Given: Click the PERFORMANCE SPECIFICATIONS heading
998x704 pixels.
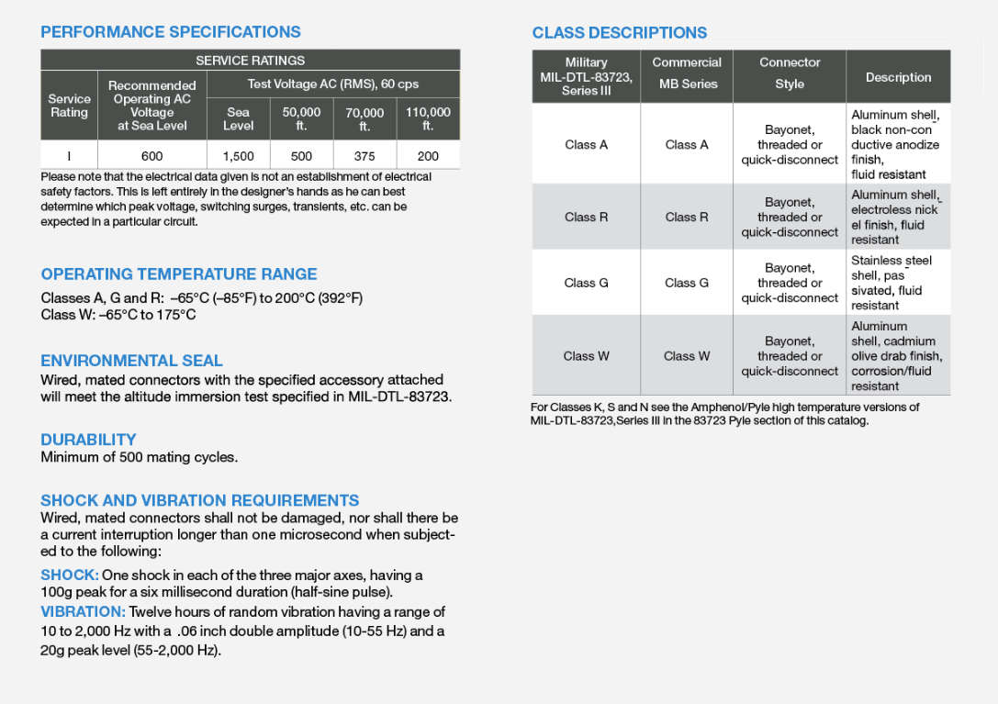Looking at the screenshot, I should pos(171,32).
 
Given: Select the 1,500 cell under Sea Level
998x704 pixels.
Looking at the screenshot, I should pos(238,156).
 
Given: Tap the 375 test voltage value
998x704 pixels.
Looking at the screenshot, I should pos(364,156).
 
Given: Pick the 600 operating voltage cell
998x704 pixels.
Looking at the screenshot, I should pos(151,156).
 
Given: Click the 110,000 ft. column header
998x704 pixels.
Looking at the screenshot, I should pos(428,118).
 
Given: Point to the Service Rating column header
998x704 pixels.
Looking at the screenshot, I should pos(69,106).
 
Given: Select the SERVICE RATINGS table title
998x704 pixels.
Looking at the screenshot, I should pos(250,61).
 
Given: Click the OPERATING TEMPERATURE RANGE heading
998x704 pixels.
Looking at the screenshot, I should pos(179,274).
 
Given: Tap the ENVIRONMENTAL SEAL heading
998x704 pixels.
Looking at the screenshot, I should pos(131,361).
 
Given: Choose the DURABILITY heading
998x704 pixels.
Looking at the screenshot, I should pos(88,440).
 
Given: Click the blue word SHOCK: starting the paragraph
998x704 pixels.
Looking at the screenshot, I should pos(70,575).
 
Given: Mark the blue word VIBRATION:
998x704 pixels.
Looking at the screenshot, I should pos(83,612).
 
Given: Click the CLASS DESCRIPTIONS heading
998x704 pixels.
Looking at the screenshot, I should pos(620,33).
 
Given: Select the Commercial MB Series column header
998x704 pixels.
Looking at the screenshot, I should pos(687,73).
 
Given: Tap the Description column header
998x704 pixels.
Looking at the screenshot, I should pos(898,78).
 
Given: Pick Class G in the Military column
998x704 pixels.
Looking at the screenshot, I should pos(586,283).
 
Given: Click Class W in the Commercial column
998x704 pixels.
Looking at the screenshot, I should pos(687,356).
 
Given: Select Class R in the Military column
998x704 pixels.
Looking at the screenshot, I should pos(586,218).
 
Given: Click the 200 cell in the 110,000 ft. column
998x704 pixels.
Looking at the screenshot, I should pos(428,156).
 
